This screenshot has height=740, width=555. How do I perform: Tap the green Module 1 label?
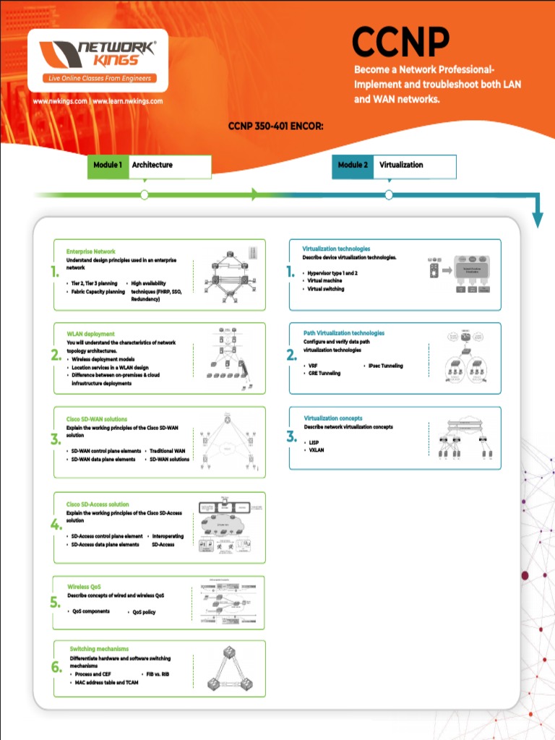tap(108, 165)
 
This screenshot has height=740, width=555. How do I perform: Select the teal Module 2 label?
tap(353, 165)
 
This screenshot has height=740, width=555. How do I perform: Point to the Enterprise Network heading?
tap(90, 251)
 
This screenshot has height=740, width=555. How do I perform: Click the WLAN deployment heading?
tap(90, 334)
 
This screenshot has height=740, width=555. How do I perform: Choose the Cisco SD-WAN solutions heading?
tap(97, 419)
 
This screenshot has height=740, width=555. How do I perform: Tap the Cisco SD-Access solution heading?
tap(98, 504)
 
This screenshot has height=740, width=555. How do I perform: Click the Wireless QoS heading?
tap(84, 587)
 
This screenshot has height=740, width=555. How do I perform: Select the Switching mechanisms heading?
tap(99, 649)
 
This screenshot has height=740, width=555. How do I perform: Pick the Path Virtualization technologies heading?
tap(343, 333)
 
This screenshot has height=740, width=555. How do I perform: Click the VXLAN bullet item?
tap(317, 449)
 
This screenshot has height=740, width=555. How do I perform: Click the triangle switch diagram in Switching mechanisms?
tap(228, 668)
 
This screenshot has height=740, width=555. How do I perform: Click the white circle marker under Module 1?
tap(145, 194)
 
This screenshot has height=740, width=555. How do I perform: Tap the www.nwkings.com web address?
tap(60, 101)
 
